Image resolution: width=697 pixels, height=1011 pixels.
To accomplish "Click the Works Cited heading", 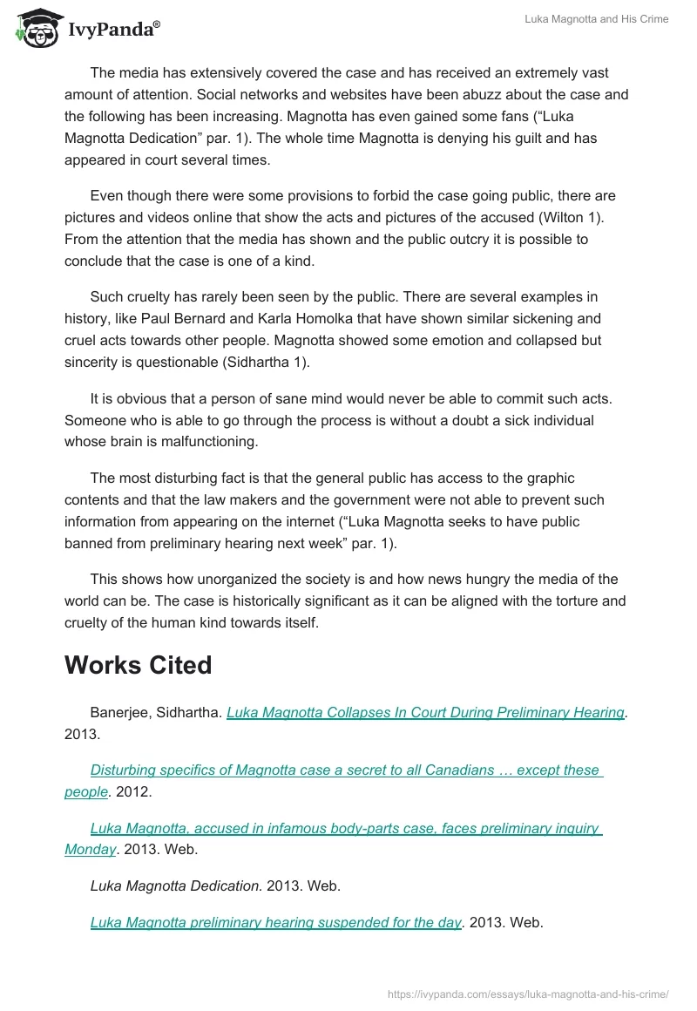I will (x=138, y=665).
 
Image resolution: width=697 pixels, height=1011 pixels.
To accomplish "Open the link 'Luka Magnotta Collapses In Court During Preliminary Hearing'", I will (x=425, y=712).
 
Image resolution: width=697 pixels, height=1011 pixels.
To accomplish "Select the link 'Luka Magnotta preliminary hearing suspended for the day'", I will (x=275, y=922).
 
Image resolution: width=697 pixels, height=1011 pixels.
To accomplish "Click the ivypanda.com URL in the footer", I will (x=527, y=993).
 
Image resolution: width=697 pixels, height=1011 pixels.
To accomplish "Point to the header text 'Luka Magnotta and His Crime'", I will (x=597, y=19).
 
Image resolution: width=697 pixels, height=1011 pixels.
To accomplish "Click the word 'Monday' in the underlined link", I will (x=90, y=849).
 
